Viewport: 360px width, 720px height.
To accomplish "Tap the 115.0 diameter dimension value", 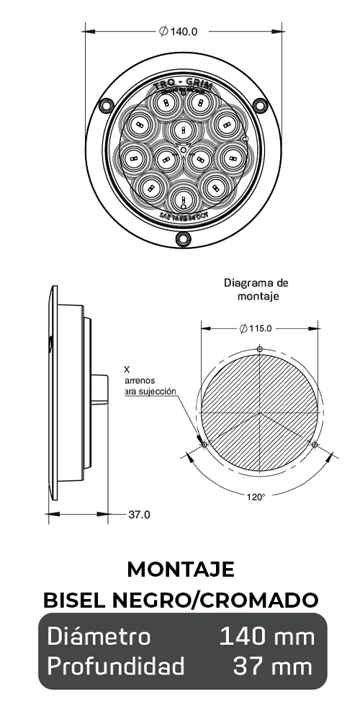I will [x=258, y=328].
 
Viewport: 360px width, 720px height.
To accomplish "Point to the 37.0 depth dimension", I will [x=139, y=514].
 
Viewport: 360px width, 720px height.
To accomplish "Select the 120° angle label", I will [x=256, y=496].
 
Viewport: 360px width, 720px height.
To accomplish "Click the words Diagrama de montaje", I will [x=256, y=289].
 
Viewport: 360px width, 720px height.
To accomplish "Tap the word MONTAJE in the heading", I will [x=180, y=569].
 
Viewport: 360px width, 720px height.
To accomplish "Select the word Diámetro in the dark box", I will [x=99, y=636].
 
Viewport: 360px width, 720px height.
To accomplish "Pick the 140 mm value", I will [x=266, y=636].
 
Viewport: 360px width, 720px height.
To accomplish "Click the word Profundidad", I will [x=116, y=666].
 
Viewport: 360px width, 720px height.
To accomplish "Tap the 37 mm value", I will [x=274, y=666].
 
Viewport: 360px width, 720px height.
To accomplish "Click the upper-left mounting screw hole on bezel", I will [x=106, y=107].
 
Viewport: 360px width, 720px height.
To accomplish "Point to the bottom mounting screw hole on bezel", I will [x=181, y=238].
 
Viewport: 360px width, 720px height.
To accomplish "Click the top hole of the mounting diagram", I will [x=259, y=350].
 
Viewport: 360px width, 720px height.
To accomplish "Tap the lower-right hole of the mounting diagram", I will [x=315, y=444].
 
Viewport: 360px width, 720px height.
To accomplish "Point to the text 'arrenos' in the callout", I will [x=140, y=379].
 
